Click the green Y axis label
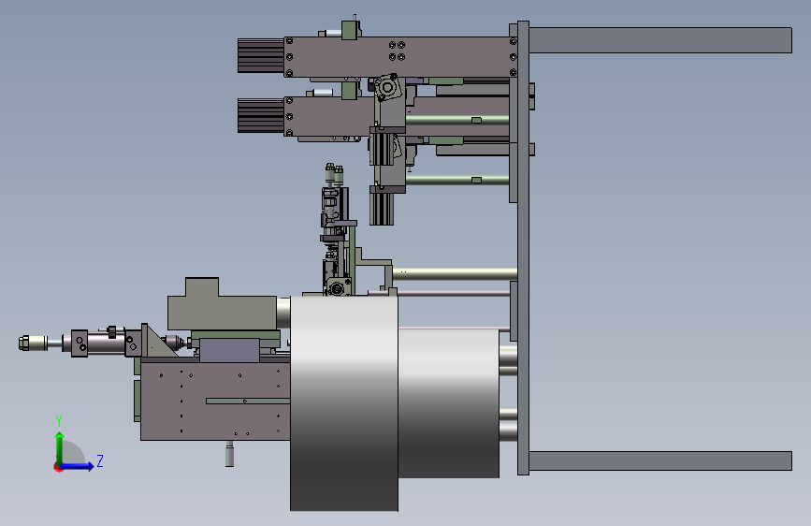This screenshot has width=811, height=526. (59, 421)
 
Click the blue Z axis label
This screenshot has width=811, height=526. (100, 460)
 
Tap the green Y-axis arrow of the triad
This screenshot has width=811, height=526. (60, 448)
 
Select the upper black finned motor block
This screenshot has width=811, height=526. (261, 55)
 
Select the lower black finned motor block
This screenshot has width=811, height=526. (261, 115)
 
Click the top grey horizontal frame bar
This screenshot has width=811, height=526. (660, 40)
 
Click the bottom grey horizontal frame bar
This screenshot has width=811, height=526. (660, 460)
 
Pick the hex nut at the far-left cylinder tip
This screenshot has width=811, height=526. (23, 343)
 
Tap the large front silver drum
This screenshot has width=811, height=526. (344, 402)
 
